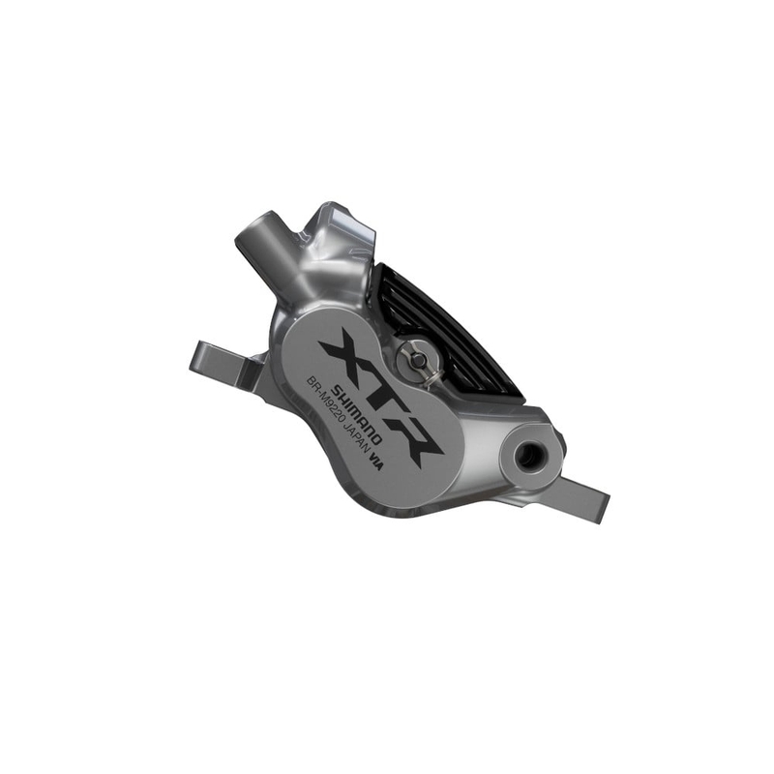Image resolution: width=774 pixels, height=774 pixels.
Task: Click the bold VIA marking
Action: coord(375,463)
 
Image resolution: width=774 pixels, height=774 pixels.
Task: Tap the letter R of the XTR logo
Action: coord(416,438)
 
